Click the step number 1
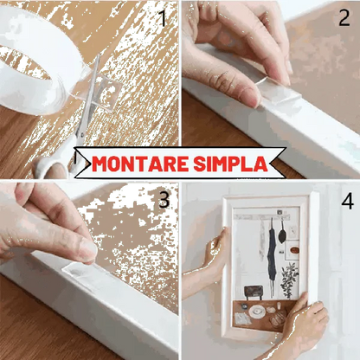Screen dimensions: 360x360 pyautogui.click(x=164, y=18)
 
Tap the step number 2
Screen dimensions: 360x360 pyautogui.click(x=344, y=17)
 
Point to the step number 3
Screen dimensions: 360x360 pyautogui.click(x=164, y=199)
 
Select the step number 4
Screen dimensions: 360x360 pyautogui.click(x=347, y=201)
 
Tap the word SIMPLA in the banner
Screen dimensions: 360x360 pyautogui.click(x=231, y=164)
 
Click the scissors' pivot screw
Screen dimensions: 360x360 pyautogui.click(x=81, y=134)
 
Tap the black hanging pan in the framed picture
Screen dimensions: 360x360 pyautogui.click(x=282, y=232)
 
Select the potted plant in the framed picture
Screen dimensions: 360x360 pyautogui.click(x=289, y=280)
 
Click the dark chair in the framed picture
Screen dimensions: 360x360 pyautogui.click(x=254, y=292)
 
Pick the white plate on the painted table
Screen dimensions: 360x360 pyautogui.click(x=257, y=312)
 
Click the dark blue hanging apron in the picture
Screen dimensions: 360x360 pyautogui.click(x=272, y=254)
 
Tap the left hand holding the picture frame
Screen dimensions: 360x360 pyautogui.click(x=215, y=249)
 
